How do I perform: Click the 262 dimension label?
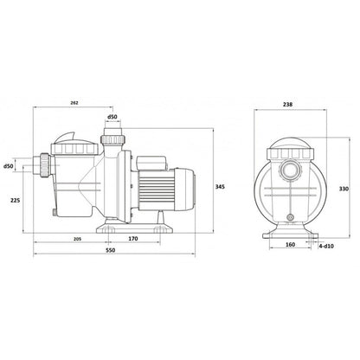[x=74, y=102]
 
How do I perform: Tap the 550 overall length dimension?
[x=110, y=250]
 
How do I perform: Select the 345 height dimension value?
[x=220, y=187]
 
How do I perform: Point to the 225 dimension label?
[x=15, y=200]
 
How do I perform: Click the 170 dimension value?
[x=133, y=239]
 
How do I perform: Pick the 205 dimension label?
[x=77, y=239]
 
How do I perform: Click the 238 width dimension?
[x=287, y=105]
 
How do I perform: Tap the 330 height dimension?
[x=344, y=189]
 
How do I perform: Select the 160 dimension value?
[x=290, y=245]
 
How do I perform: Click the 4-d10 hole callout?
[x=326, y=246]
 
